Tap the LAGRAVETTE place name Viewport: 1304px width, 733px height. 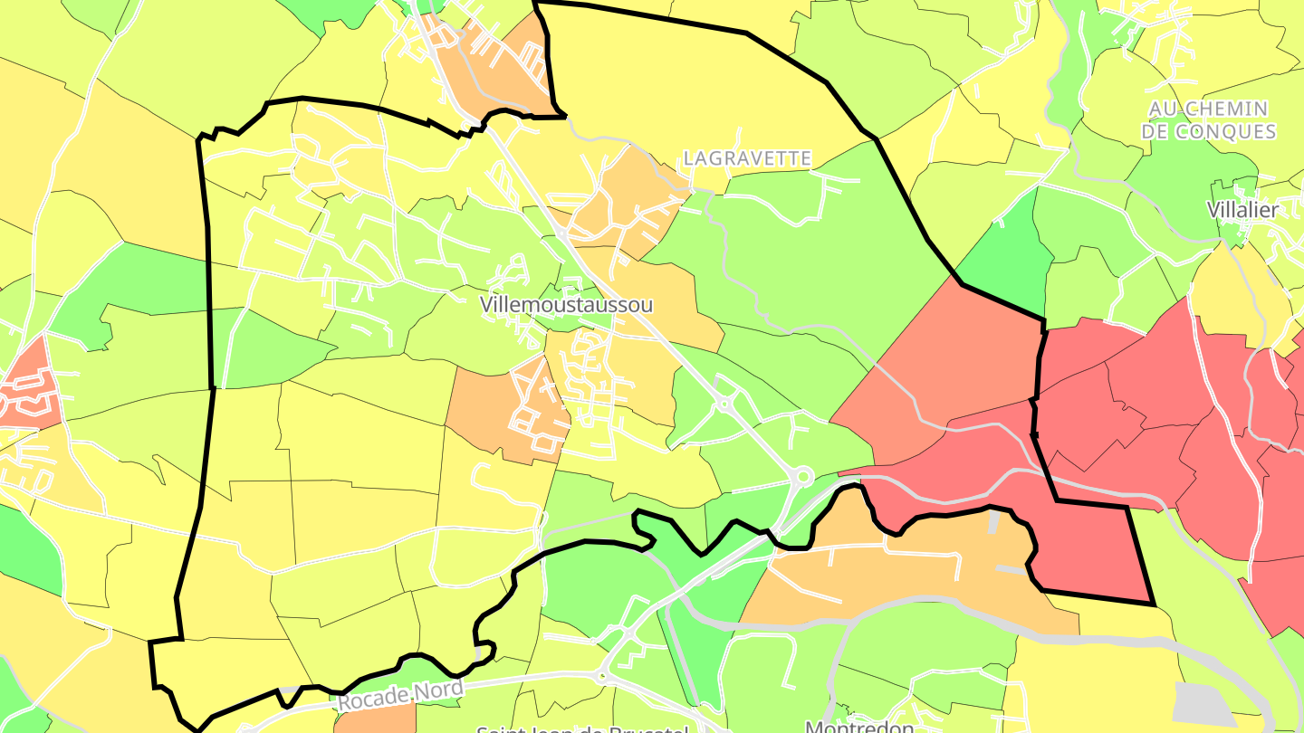[747, 158]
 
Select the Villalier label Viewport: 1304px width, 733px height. [1242, 210]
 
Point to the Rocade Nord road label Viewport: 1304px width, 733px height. [400, 695]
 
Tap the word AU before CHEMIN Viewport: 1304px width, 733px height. [1165, 109]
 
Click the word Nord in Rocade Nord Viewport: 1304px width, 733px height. [435, 690]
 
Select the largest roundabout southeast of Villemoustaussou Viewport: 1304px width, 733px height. [801, 476]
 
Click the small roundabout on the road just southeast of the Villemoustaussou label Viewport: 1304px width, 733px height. [724, 405]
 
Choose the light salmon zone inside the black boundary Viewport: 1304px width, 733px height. [942, 362]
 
